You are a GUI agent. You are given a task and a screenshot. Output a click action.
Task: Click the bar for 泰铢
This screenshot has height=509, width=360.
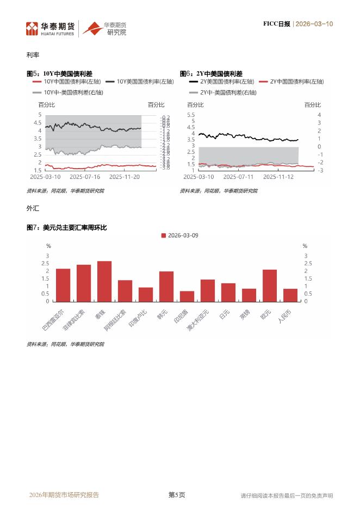104,281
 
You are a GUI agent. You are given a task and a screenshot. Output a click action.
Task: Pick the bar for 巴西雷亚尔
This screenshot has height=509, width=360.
63,284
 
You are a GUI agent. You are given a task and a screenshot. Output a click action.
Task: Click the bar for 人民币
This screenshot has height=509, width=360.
290,295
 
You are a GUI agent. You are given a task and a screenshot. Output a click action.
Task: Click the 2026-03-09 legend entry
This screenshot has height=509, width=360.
179,235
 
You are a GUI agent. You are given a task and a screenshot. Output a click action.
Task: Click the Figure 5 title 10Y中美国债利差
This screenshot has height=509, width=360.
59,73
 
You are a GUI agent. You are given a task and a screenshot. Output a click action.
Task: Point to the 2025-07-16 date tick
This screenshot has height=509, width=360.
85,177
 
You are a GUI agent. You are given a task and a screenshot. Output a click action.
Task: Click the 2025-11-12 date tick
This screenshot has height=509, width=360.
278,177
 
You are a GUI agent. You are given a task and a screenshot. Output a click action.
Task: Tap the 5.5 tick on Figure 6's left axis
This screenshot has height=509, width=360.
190,115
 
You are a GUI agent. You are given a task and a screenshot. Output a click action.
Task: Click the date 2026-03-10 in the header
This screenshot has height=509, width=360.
314,24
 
